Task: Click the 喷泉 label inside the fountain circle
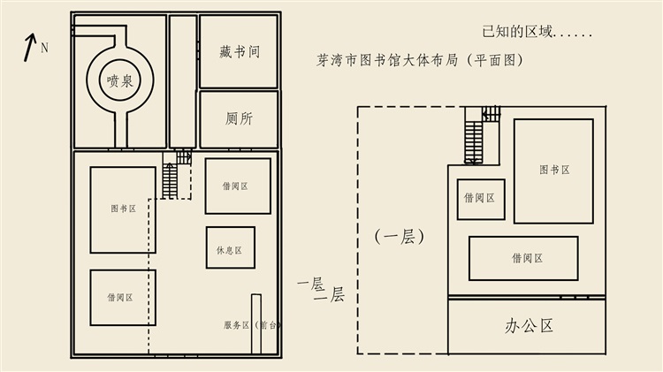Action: click(120, 80)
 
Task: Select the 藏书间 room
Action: click(239, 51)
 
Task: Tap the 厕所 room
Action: click(239, 119)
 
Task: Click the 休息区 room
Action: click(231, 247)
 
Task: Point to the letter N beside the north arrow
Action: click(44, 48)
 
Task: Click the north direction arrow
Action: click(29, 48)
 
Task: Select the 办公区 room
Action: click(527, 326)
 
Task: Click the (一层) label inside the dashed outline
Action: click(400, 236)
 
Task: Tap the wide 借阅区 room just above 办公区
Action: click(523, 258)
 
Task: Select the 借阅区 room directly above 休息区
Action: click(238, 186)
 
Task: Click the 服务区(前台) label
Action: click(252, 325)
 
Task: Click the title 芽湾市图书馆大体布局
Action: click(387, 60)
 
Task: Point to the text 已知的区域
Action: click(517, 32)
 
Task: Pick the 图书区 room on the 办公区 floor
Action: click(553, 171)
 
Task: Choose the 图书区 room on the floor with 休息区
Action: click(123, 210)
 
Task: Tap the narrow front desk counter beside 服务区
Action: click(256, 323)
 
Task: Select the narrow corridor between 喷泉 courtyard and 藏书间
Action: click(183, 81)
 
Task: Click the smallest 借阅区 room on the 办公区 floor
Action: click(481, 199)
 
